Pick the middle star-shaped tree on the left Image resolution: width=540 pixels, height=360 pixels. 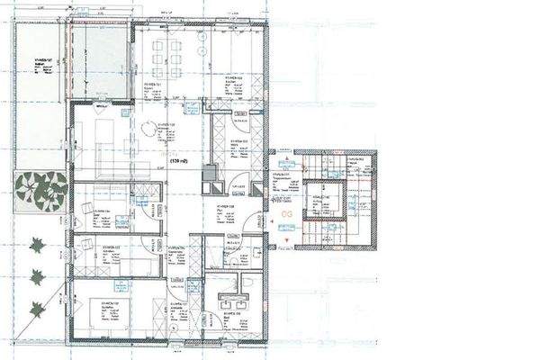tap(38, 275)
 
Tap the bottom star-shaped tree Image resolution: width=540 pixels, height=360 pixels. tap(38, 309)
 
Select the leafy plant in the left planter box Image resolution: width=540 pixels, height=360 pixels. tap(39, 189)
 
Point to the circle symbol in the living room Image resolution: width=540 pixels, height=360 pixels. tap(147, 128)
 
